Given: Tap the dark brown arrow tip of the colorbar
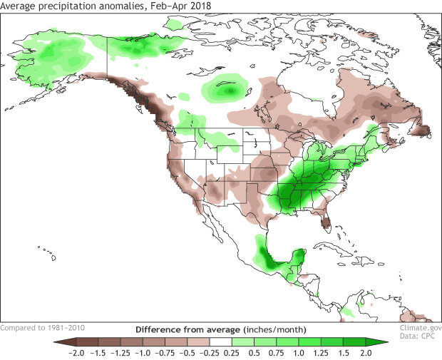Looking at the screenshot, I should pyautogui.click(x=57, y=342).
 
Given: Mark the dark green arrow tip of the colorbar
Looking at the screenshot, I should pyautogui.click(x=384, y=342).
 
